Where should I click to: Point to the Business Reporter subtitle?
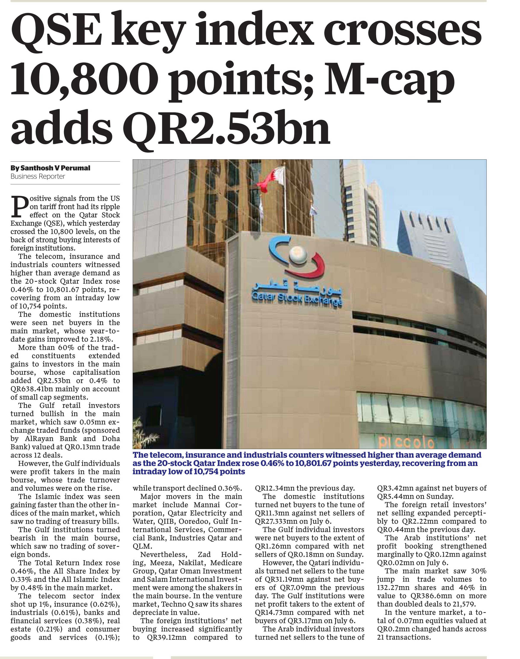38,176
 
